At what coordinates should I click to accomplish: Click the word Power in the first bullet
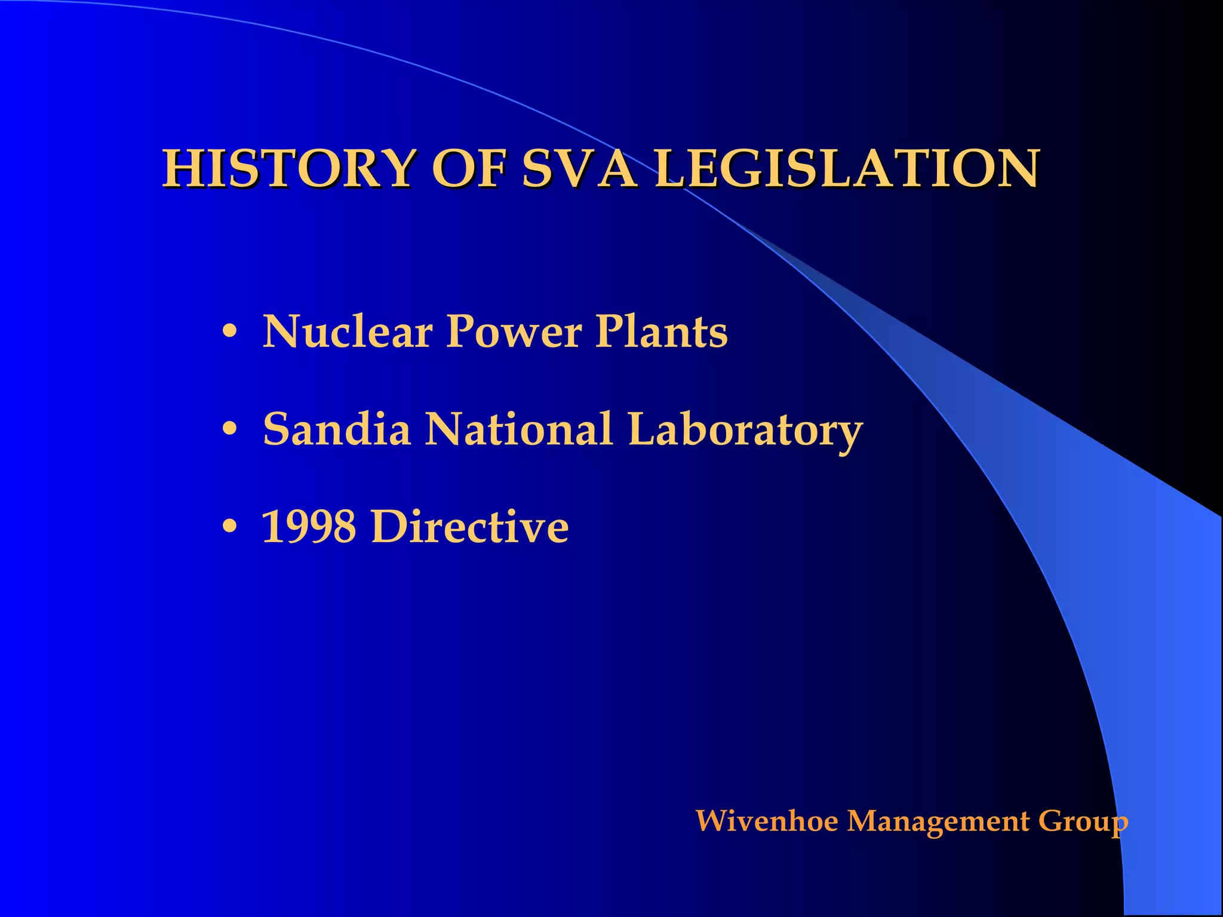[514, 332]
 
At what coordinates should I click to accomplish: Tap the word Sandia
[337, 429]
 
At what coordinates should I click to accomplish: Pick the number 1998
[309, 527]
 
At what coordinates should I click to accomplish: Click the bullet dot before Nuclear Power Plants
[230, 332]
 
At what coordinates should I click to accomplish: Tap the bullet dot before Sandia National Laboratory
[230, 429]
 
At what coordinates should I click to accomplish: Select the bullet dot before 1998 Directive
[230, 527]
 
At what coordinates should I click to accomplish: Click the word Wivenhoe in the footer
[767, 821]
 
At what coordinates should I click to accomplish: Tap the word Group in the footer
[1083, 822]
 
